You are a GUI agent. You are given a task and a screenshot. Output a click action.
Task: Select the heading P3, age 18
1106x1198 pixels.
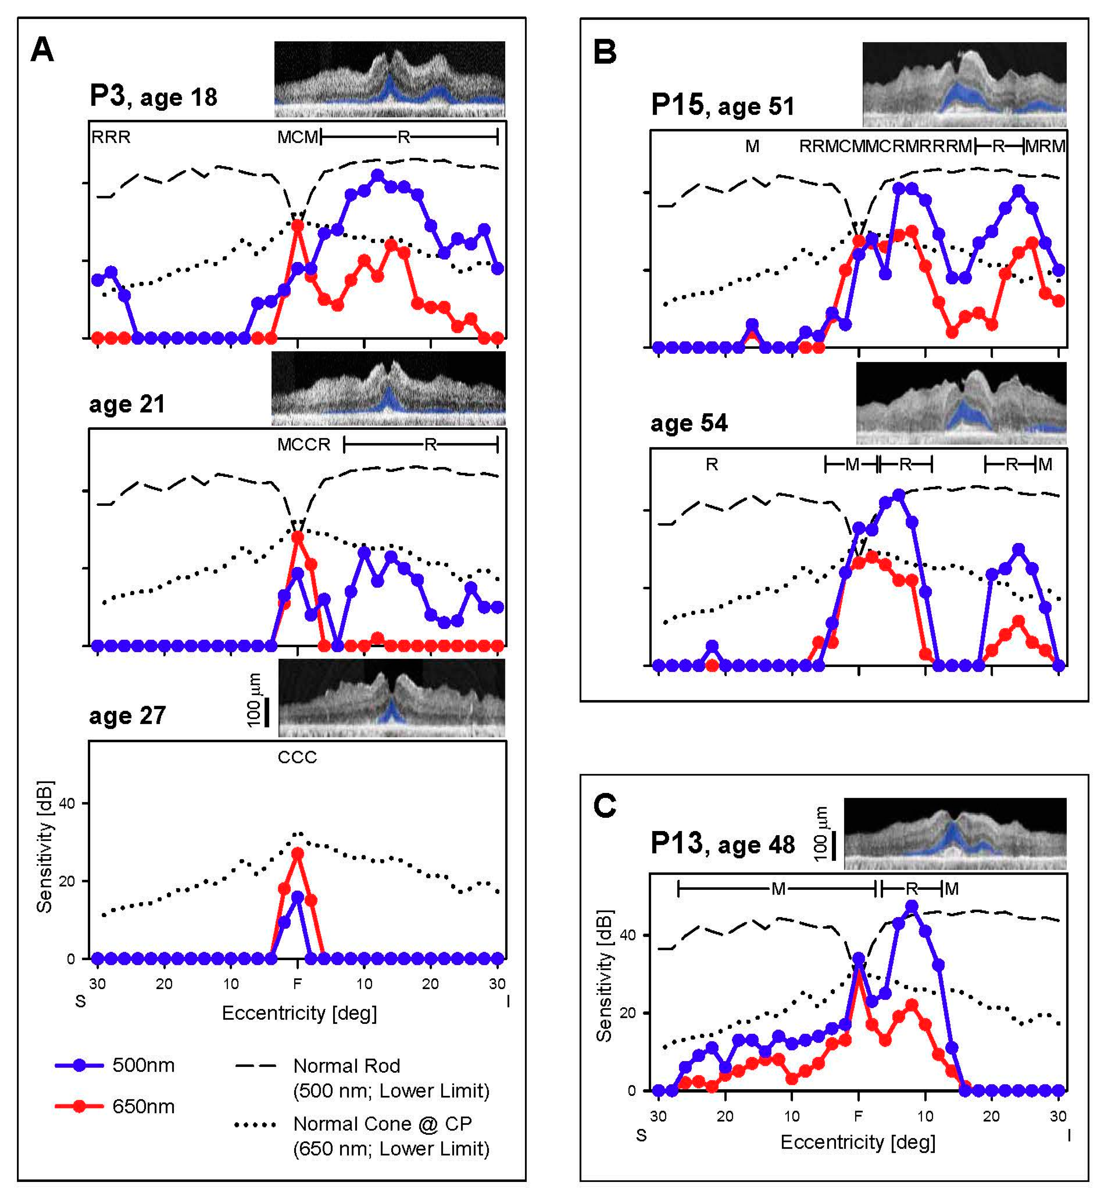coord(153,96)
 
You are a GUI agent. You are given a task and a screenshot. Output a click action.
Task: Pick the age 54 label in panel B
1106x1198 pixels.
coord(689,423)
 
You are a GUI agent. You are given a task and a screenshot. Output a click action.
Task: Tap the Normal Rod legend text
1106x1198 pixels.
coord(346,1066)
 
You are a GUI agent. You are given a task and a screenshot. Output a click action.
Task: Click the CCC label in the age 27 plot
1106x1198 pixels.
coord(297,758)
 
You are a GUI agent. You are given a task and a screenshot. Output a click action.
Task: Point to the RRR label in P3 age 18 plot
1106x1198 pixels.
coord(111,137)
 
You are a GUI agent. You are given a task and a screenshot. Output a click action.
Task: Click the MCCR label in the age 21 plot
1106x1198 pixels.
coord(303,445)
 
